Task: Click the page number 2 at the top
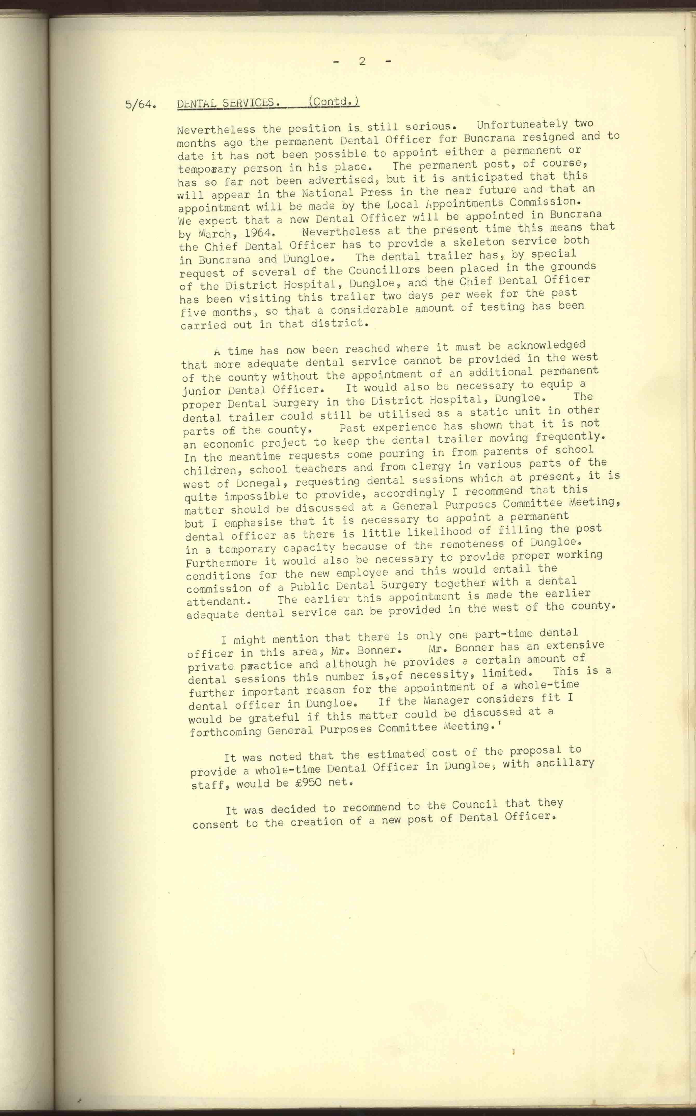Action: click(362, 61)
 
